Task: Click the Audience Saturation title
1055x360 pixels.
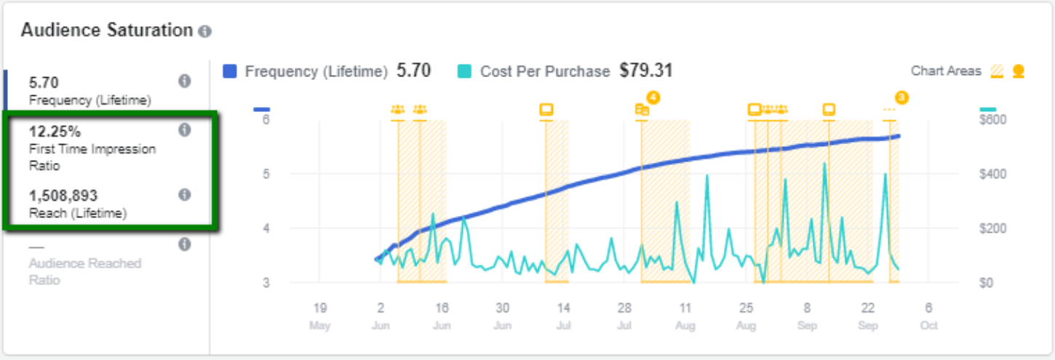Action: pyautogui.click(x=107, y=31)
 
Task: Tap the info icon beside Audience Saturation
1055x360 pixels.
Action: pyautogui.click(x=205, y=31)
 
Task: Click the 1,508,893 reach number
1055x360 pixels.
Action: pyautogui.click(x=63, y=196)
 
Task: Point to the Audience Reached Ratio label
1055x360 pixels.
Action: pyautogui.click(x=85, y=271)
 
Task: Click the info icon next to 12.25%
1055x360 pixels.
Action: pyautogui.click(x=185, y=130)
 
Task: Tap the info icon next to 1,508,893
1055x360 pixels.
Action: pyautogui.click(x=185, y=195)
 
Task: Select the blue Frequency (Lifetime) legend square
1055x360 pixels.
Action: pyautogui.click(x=231, y=71)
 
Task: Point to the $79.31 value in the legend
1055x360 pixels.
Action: pyautogui.click(x=646, y=71)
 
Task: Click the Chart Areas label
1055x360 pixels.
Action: pyautogui.click(x=946, y=71)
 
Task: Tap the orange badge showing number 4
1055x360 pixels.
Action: pyautogui.click(x=653, y=97)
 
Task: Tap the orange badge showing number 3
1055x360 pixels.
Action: pyautogui.click(x=901, y=97)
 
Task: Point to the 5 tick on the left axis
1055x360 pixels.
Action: pyautogui.click(x=266, y=174)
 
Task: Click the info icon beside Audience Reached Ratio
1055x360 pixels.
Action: pyautogui.click(x=185, y=244)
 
